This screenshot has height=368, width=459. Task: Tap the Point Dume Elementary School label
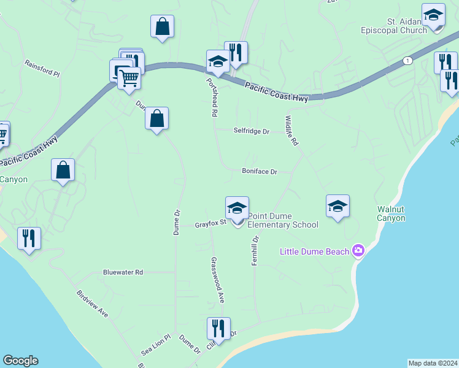(x=283, y=220)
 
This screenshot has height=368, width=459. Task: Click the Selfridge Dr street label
(x=252, y=131)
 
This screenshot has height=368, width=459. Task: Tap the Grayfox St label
(x=210, y=224)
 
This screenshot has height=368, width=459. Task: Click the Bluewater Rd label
(x=123, y=272)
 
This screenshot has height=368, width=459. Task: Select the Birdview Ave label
(x=93, y=303)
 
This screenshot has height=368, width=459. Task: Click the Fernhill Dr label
(x=255, y=248)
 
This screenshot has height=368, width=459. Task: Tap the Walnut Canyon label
(x=391, y=213)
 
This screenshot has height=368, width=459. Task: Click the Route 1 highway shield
(x=407, y=60)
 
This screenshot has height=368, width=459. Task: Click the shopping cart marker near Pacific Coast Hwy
(x=129, y=78)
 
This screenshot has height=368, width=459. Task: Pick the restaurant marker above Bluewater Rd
(x=29, y=238)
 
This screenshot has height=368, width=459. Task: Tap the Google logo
(x=20, y=361)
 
